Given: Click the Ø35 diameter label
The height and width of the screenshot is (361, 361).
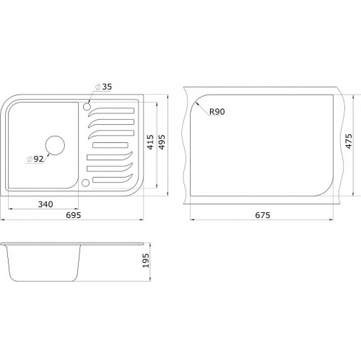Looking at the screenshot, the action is (104, 87).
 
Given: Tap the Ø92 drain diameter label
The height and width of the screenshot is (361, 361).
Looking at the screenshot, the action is (35, 159).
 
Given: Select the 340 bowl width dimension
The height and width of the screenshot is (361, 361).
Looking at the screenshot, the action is (45, 204).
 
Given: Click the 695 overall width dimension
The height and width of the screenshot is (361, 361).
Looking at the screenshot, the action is (74, 215).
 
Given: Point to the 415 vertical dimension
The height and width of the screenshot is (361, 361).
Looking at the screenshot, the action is (150, 142).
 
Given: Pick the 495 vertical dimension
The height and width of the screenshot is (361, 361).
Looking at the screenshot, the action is (162, 142).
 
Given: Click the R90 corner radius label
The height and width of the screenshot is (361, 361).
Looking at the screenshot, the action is (217, 112).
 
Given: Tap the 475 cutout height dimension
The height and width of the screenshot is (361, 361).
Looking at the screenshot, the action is (349, 142).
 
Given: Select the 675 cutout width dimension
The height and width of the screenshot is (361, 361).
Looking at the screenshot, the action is (263, 215).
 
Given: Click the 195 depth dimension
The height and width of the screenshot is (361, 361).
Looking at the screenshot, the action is (146, 261).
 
